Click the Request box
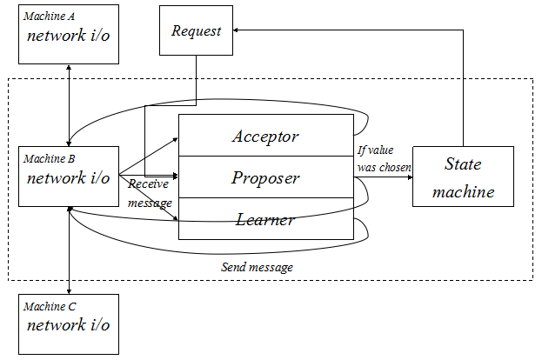[x=196, y=32]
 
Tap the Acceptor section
[x=264, y=136]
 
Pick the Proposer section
[x=264, y=177]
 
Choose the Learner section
[x=264, y=219]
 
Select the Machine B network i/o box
[x=68, y=177]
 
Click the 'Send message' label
[x=257, y=267]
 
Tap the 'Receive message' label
[x=150, y=193]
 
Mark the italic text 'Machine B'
[x=49, y=159]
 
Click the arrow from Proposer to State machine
[x=383, y=177]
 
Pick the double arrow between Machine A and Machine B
[x=69, y=104]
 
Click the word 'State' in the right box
[x=463, y=163]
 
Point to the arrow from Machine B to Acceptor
[x=148, y=156]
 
